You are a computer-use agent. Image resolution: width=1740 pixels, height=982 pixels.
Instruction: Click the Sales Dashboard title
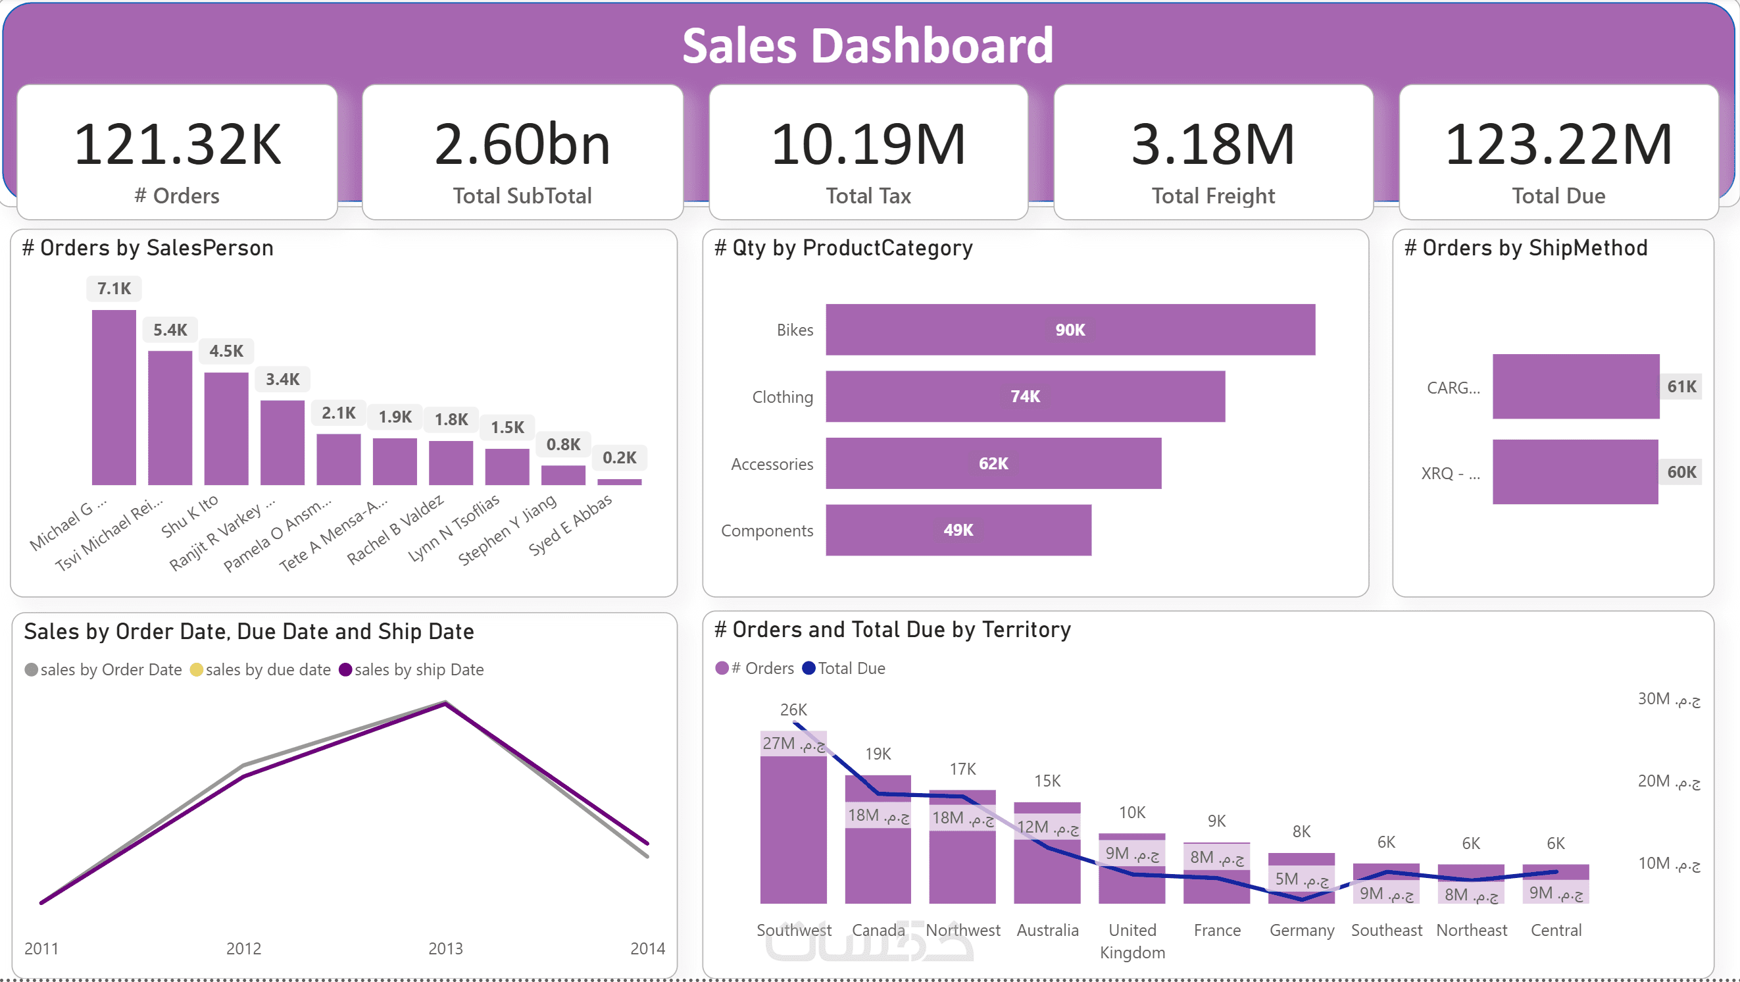pos(867,46)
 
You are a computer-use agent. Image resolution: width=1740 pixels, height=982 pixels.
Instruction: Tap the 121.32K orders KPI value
pos(177,145)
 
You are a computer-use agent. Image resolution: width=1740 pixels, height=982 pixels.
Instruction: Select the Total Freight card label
pos(1213,196)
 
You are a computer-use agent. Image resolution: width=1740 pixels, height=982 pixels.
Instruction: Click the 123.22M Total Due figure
pos(1558,145)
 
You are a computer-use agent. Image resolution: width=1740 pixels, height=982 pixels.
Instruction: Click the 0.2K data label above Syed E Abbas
pos(619,458)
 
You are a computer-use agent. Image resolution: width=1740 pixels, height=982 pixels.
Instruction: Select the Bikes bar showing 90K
pos(1070,330)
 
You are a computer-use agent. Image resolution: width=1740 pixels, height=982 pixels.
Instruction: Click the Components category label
pos(766,530)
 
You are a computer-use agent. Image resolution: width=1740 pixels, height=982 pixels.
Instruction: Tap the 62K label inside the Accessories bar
pos(993,463)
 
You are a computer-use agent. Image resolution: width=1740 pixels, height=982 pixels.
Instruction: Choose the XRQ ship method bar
pos(1574,472)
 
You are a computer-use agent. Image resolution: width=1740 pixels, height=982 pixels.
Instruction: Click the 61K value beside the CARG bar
pos(1681,386)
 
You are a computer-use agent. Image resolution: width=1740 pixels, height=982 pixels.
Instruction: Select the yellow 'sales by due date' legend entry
pos(261,670)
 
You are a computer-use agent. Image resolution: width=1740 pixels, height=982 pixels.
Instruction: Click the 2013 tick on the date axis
pos(445,948)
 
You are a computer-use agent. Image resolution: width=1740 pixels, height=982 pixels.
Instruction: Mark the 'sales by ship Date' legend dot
pos(345,670)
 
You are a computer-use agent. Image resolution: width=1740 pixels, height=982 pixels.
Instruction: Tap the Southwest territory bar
pos(793,831)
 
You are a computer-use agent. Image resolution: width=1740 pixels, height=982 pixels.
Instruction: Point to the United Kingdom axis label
pos(1132,941)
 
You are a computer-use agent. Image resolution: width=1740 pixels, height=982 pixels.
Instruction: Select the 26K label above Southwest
pos(793,710)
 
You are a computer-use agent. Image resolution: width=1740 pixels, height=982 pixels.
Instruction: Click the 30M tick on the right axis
pos(1668,699)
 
